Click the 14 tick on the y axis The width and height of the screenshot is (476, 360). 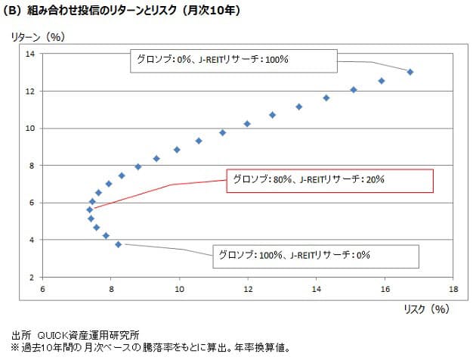[31, 54]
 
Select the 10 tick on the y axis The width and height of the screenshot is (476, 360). [31, 129]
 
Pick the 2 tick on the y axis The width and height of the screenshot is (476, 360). [34, 278]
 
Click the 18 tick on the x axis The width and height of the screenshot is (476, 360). [453, 289]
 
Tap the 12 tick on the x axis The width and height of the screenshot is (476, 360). [248, 289]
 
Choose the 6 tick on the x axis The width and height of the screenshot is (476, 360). [43, 289]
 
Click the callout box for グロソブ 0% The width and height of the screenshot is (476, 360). [232, 60]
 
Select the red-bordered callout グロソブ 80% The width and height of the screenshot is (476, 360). [329, 180]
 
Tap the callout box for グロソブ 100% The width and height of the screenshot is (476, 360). [316, 255]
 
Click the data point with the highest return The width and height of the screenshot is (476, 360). [410, 72]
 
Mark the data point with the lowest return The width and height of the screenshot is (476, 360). [118, 244]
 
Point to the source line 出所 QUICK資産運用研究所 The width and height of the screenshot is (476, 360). [76, 334]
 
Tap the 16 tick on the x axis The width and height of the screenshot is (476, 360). [385, 289]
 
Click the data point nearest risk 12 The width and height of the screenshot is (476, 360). [247, 123]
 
